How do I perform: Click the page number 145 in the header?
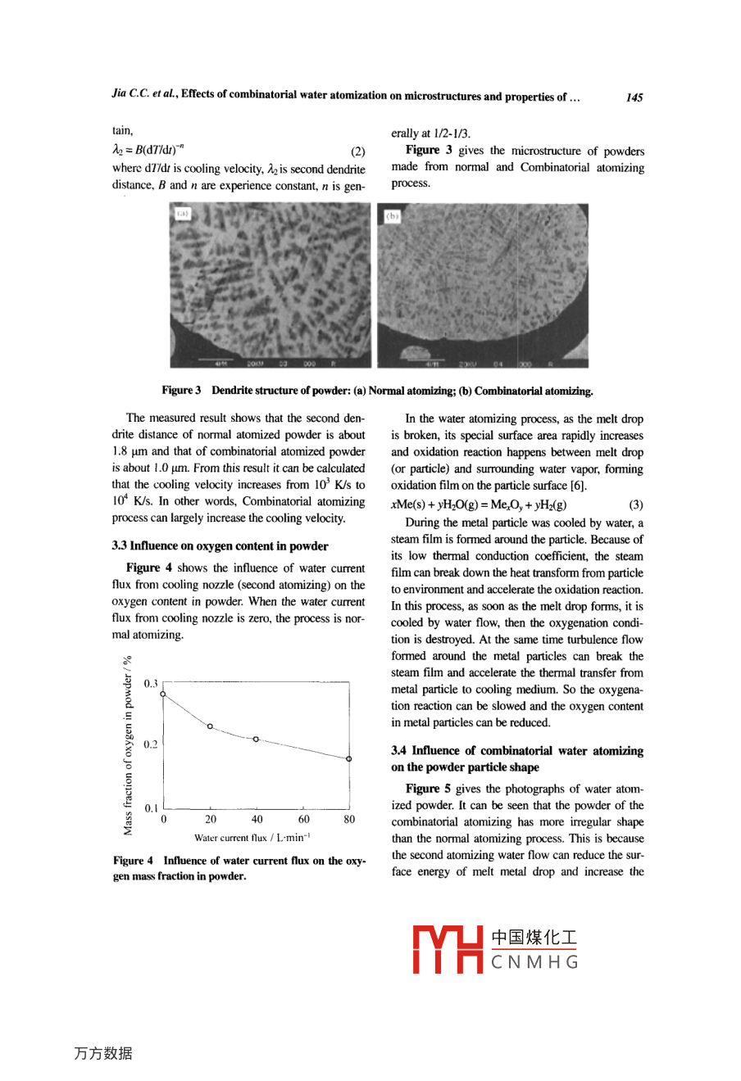point(634,97)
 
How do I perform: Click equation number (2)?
point(357,152)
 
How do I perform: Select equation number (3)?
point(635,505)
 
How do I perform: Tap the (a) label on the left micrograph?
point(181,215)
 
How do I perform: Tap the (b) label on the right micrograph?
point(393,216)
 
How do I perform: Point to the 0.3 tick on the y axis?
point(151,683)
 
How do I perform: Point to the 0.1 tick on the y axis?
point(151,808)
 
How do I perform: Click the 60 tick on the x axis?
point(304,819)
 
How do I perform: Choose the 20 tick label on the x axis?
point(211,819)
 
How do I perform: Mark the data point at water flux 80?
point(349,759)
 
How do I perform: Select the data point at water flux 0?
point(164,694)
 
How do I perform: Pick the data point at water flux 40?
point(257,740)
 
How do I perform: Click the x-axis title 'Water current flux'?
point(252,838)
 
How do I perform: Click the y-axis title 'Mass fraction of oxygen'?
point(128,745)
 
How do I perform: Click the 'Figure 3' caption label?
point(181,391)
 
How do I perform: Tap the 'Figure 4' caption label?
point(133,861)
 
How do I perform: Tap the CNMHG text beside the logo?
point(534,962)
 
